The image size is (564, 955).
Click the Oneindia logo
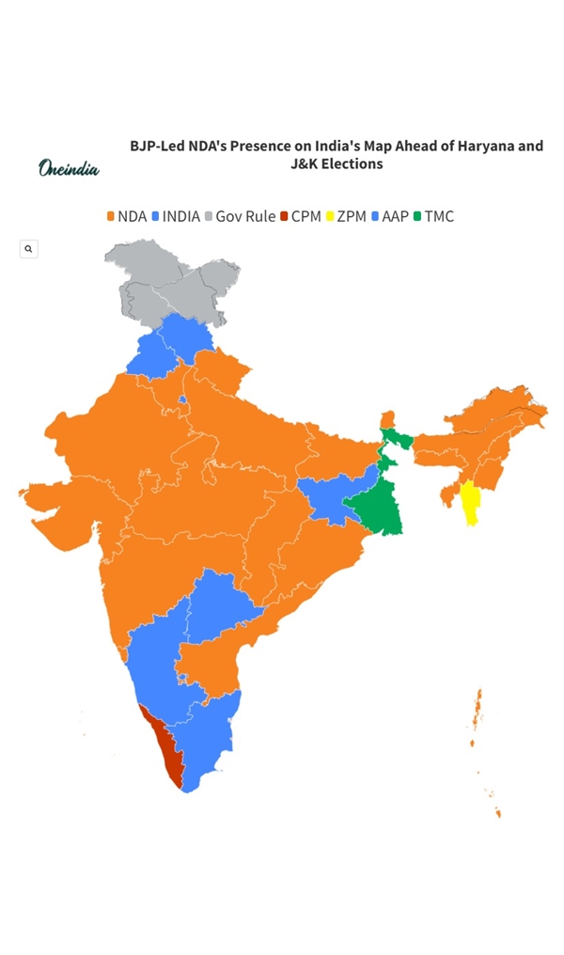(x=69, y=168)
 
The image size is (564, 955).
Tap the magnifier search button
(x=29, y=249)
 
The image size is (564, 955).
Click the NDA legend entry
(x=126, y=216)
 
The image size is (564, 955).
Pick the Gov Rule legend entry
(x=240, y=216)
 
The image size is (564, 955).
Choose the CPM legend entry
(x=301, y=216)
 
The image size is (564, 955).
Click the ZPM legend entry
(x=346, y=216)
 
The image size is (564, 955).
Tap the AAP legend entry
(x=389, y=216)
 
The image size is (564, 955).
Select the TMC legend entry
(x=433, y=216)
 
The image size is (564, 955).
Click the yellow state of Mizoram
(x=470, y=504)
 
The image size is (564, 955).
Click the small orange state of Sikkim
(x=387, y=419)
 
